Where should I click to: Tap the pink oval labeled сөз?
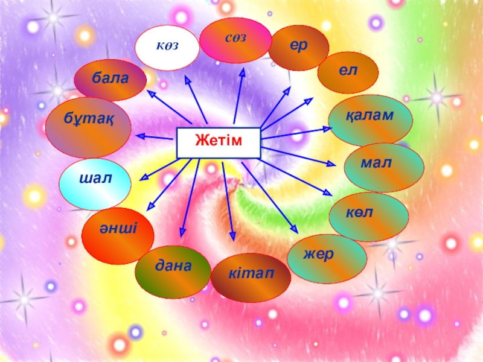click(x=236, y=40)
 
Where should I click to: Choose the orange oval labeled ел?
click(x=348, y=72)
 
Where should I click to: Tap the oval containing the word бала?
click(x=110, y=80)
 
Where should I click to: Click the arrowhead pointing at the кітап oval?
click(x=232, y=235)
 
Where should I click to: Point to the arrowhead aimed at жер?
click(x=294, y=230)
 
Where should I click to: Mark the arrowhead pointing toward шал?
click(x=144, y=177)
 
